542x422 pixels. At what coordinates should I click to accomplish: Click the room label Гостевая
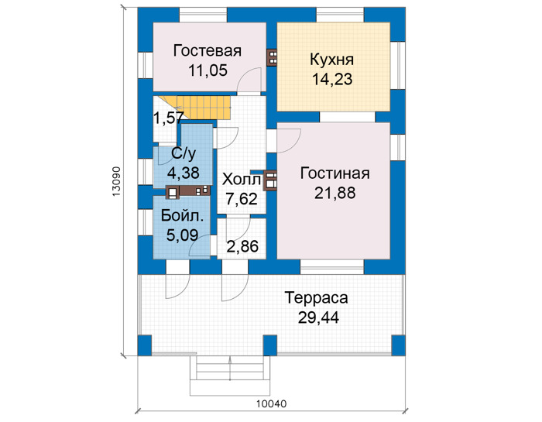[207, 50]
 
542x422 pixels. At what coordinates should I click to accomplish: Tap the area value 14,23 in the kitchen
[332, 79]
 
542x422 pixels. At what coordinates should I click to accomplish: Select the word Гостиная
[334, 173]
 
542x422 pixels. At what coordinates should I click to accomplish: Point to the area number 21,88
[334, 193]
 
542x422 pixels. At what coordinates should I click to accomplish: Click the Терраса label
[316, 298]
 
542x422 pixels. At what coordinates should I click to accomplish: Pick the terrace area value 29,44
[318, 317]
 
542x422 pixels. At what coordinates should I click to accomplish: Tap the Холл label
[242, 180]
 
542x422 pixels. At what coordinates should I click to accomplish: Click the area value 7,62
[242, 199]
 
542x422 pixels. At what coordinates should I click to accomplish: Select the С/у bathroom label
[184, 153]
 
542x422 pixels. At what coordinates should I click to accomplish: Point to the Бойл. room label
[182, 216]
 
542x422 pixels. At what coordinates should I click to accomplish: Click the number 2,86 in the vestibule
[242, 246]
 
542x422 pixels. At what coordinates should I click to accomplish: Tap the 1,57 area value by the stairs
[168, 118]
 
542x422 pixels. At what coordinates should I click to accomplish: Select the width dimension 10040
[271, 403]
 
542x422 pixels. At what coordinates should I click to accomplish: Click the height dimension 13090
[116, 182]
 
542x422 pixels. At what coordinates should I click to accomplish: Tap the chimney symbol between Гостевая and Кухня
[273, 57]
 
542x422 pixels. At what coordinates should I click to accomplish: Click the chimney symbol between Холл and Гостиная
[269, 180]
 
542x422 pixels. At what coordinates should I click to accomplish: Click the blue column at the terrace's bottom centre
[270, 345]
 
